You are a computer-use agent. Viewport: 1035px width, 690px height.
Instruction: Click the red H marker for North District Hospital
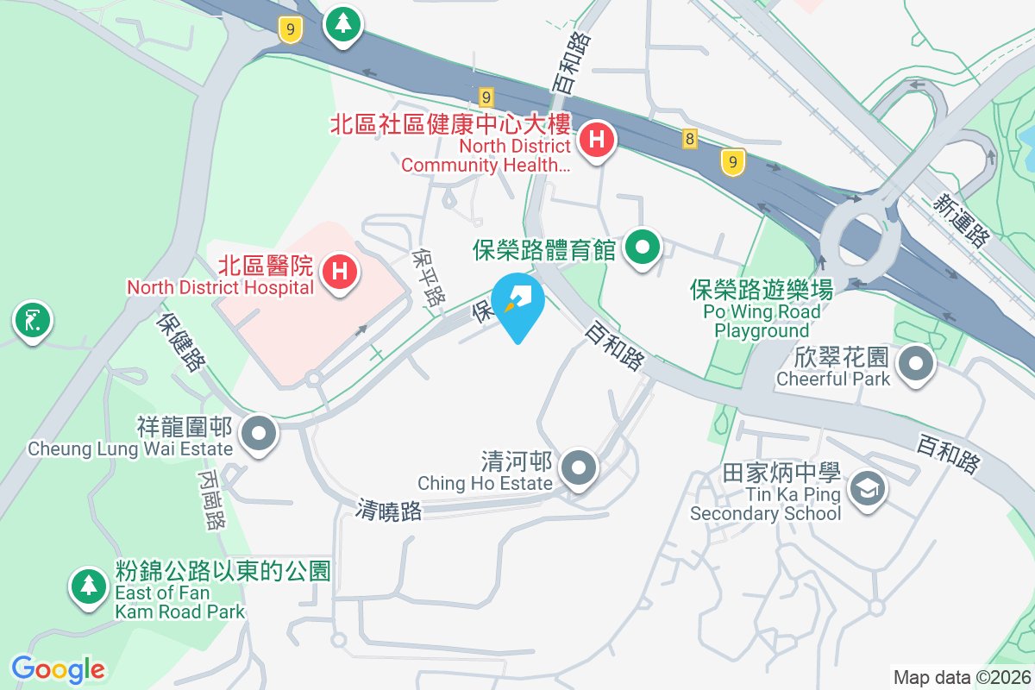[340, 271]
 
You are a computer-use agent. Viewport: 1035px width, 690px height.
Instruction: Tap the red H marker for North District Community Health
[596, 139]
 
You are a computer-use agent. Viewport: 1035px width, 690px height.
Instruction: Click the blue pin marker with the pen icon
[517, 303]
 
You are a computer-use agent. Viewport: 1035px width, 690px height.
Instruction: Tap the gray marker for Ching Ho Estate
[579, 469]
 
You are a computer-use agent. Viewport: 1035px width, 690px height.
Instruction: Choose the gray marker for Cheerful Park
[915, 364]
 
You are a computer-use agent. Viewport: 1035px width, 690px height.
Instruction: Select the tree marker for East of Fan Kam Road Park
[87, 586]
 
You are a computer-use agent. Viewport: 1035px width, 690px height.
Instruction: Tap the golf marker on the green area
[32, 321]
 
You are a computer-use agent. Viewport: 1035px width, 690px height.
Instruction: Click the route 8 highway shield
[689, 138]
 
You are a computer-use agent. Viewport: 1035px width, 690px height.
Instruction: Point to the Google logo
[58, 668]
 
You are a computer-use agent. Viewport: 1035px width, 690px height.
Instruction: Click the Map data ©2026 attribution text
[962, 677]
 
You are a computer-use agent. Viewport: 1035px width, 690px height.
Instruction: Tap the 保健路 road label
[182, 342]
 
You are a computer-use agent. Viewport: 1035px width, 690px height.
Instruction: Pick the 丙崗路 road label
[212, 499]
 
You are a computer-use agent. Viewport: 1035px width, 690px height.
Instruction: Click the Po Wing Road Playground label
[762, 310]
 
